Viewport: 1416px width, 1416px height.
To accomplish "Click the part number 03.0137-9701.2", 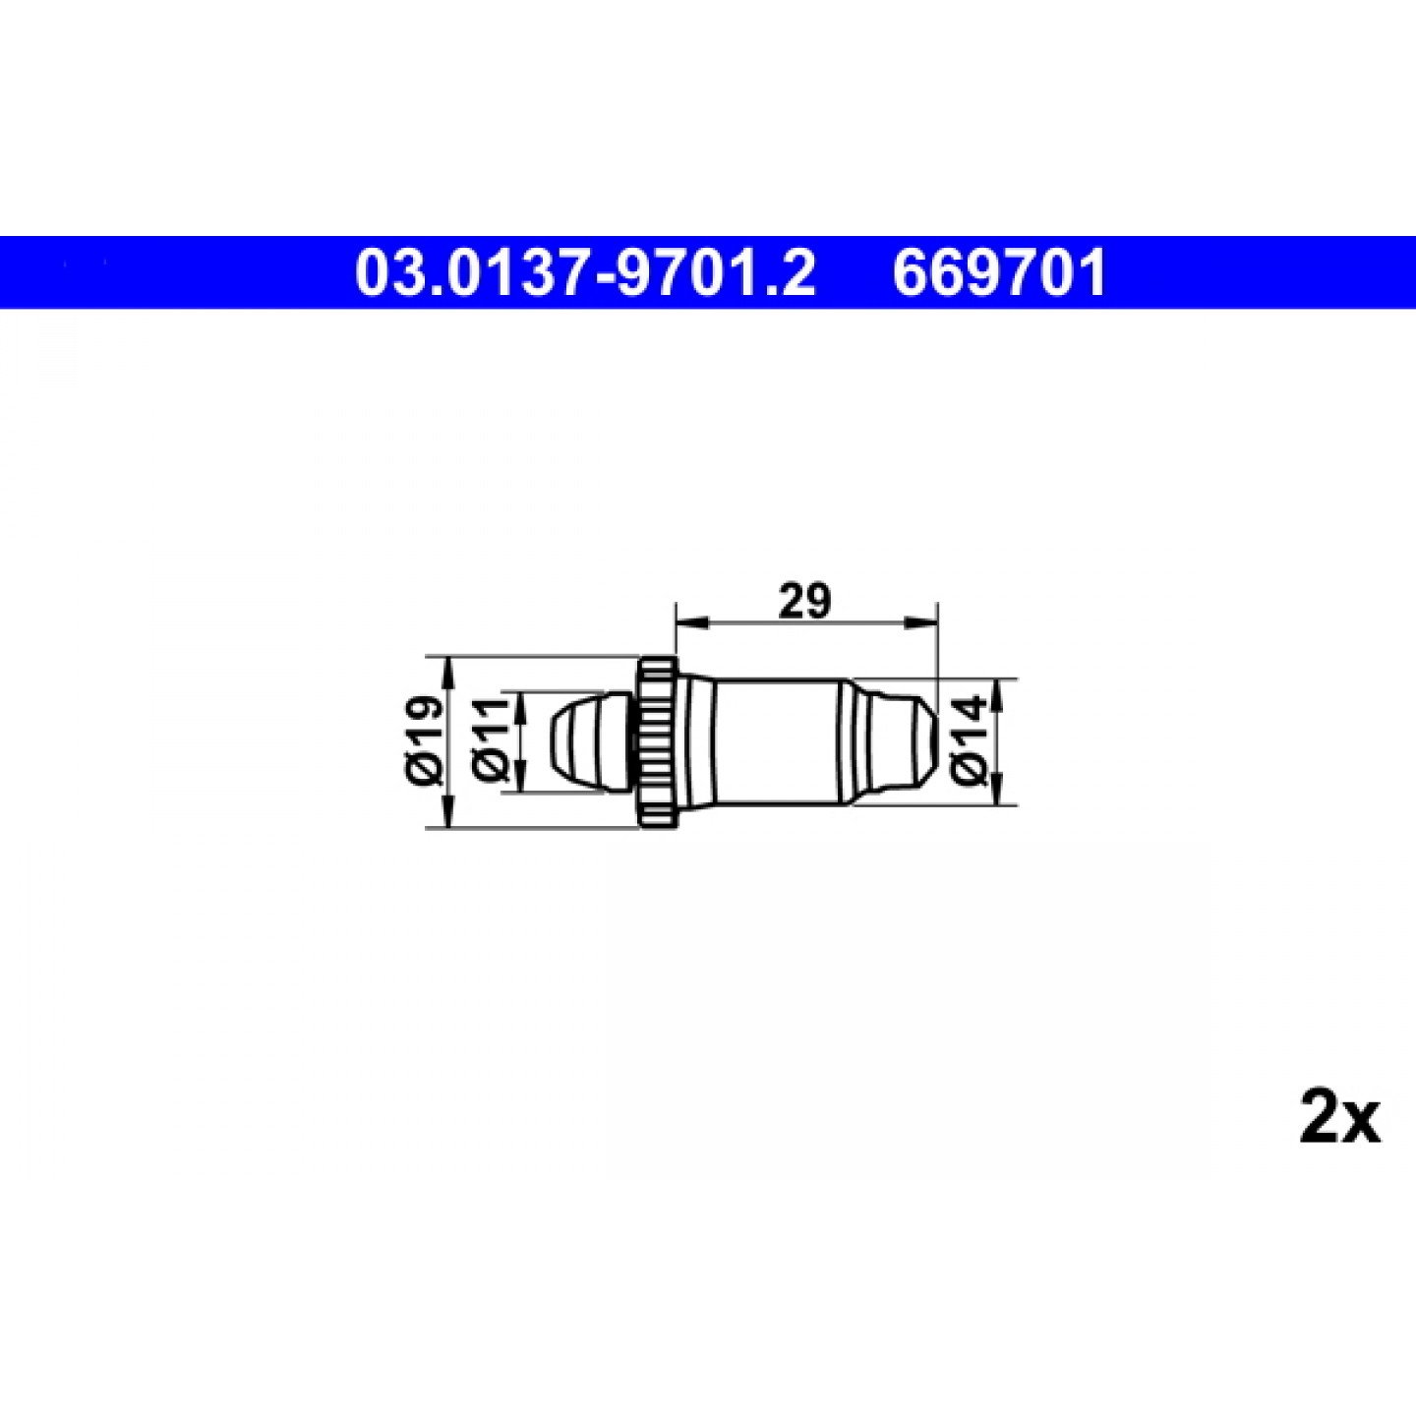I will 585,273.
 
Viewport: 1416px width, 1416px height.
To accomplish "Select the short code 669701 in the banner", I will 999,273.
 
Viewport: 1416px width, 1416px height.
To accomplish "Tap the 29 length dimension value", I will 803,601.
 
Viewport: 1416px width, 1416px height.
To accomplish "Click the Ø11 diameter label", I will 493,741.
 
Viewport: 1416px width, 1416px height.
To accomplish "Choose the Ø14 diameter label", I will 970,741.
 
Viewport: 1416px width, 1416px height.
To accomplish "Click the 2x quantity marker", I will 1339,1117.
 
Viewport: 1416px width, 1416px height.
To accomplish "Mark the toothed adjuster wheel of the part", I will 656,741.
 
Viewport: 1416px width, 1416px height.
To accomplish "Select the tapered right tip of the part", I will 900,741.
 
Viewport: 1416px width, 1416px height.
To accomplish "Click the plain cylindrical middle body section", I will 777,741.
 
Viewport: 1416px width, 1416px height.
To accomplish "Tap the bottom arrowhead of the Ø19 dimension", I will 450,813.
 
